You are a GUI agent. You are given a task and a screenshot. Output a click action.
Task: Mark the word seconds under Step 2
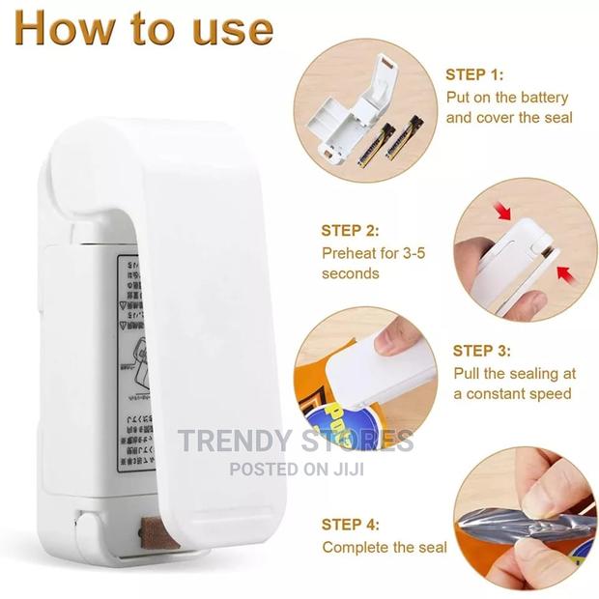[351, 274]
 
